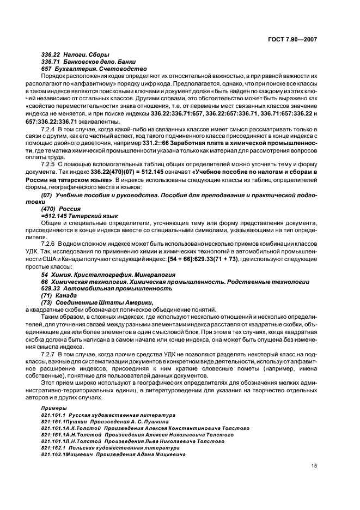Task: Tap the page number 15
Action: [x=314, y=465]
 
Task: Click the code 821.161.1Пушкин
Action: [x=62, y=421]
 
